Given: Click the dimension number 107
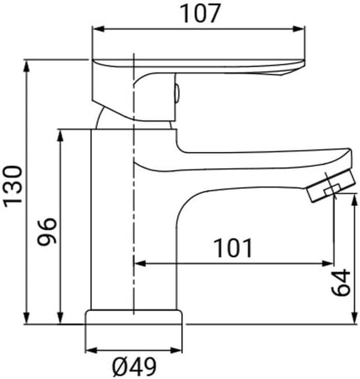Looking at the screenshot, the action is [x=200, y=14].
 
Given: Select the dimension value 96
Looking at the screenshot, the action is [x=47, y=231].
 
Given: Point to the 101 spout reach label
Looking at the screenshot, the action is [x=233, y=248].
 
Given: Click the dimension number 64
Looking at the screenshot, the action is [x=341, y=282].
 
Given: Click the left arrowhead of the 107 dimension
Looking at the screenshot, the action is [x=98, y=29].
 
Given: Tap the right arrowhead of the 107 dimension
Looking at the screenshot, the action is [x=299, y=29].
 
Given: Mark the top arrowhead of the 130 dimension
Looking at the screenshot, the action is [x=27, y=66].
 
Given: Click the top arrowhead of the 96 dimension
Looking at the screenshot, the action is [x=61, y=136].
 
